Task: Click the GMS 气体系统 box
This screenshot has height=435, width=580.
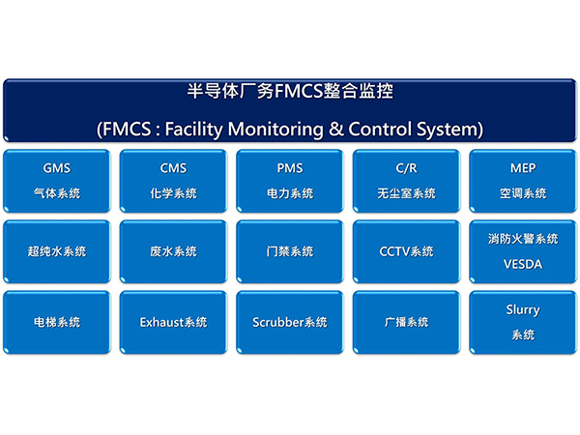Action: point(56,181)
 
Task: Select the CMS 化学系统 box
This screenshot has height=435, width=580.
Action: point(173,181)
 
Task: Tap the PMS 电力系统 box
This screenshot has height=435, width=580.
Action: point(289,181)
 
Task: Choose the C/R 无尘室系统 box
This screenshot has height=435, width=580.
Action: point(406,181)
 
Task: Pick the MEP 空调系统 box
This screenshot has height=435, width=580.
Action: point(522,181)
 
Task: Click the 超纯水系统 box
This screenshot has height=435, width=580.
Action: point(56,251)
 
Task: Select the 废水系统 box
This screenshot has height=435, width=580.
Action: point(173,251)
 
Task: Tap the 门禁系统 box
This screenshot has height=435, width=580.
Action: point(289,251)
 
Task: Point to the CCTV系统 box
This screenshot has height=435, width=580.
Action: point(406,251)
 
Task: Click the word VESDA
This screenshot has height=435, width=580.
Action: point(522,263)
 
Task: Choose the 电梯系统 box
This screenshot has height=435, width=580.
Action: point(56,322)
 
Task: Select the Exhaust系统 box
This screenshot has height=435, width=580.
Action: point(173,322)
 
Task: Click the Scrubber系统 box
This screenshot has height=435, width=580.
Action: point(289,322)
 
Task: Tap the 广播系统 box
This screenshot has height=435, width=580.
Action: point(406,322)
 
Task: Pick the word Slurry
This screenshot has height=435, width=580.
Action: point(522,310)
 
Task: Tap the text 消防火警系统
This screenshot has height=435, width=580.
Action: point(522,239)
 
